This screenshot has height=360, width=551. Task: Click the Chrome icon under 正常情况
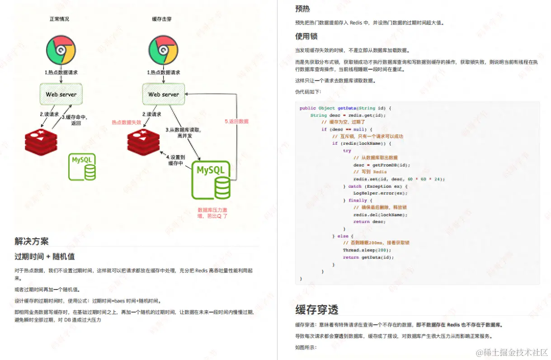[x=61, y=50]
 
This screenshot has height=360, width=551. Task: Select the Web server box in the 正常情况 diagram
[x=61, y=95]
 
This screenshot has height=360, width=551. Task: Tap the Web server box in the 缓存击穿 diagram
[x=164, y=95]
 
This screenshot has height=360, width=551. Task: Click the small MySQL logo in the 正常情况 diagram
[x=82, y=167]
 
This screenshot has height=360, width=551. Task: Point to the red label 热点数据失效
[x=127, y=122]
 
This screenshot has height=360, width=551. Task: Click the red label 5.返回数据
[x=236, y=122]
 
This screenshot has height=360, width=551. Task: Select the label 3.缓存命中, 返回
[x=75, y=120]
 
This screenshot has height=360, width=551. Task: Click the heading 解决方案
[x=31, y=241]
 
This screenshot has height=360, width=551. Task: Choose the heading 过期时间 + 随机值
[x=44, y=257]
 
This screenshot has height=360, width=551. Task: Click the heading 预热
[x=302, y=9]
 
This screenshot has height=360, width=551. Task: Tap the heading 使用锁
[x=306, y=36]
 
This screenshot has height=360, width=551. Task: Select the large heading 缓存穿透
[x=316, y=310]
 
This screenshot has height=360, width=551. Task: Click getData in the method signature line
[x=347, y=108]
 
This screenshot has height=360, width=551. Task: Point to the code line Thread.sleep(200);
[x=367, y=250]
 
